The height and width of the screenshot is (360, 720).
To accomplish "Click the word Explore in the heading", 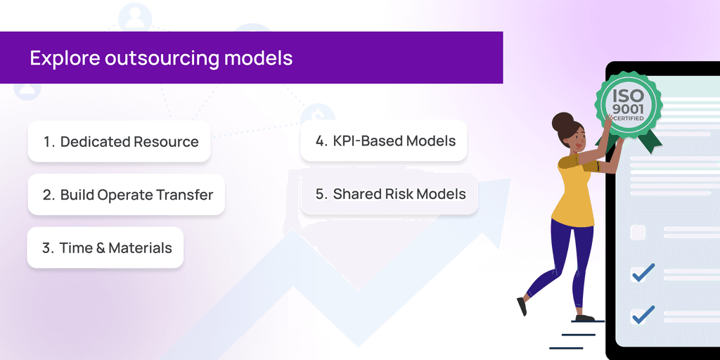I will (64, 58).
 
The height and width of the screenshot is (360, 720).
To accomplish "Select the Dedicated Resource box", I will (119, 141).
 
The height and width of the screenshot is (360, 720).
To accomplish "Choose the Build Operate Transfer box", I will (127, 195).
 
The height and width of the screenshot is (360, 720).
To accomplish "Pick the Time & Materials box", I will (105, 247).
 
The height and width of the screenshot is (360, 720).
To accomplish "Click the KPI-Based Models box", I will (384, 141).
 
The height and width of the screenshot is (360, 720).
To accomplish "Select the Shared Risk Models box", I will (390, 194).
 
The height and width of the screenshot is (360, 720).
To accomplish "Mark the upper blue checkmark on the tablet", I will (642, 272).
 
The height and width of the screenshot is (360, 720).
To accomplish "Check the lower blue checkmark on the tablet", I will (642, 314).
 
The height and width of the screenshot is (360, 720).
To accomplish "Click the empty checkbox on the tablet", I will (638, 233).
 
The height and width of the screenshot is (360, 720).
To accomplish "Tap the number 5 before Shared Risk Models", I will (321, 195).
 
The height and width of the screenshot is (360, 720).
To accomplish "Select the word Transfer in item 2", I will (186, 195).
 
